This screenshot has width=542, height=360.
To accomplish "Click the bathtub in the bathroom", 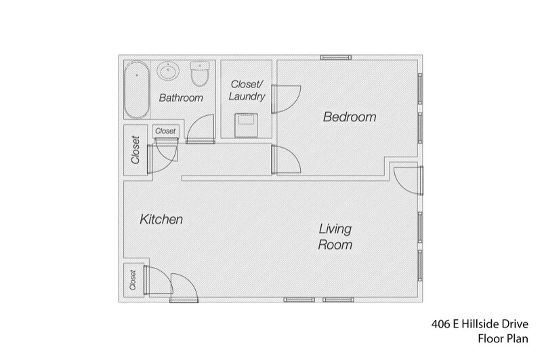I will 137,90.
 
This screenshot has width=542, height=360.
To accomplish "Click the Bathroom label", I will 181,98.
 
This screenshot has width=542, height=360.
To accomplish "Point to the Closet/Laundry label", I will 247,90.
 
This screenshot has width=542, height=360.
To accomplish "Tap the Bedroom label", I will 349,117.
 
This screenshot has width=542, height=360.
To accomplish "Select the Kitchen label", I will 161,220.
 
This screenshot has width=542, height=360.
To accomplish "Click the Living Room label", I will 335,237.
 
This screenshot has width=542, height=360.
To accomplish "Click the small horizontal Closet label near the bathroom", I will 165,131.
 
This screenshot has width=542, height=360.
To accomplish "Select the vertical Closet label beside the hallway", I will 135,151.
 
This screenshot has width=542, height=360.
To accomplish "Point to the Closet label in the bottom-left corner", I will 133,279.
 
